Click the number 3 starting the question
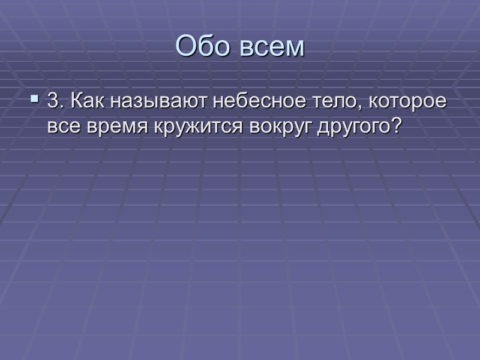click(x=52, y=103)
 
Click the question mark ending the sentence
click(x=394, y=126)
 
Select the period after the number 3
click(x=60, y=108)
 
